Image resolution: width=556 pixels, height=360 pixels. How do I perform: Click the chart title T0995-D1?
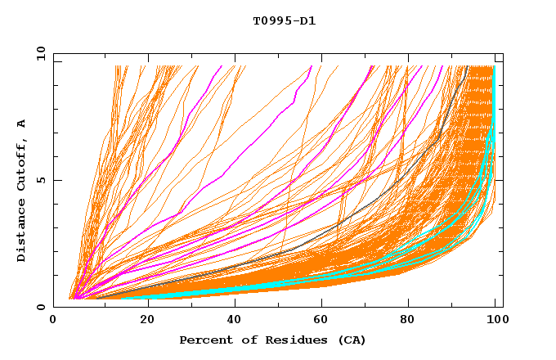[x=284, y=21]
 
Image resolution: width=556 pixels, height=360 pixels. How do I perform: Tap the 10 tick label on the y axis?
[x=39, y=53]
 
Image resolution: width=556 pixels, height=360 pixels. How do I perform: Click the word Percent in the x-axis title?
[x=204, y=340]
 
